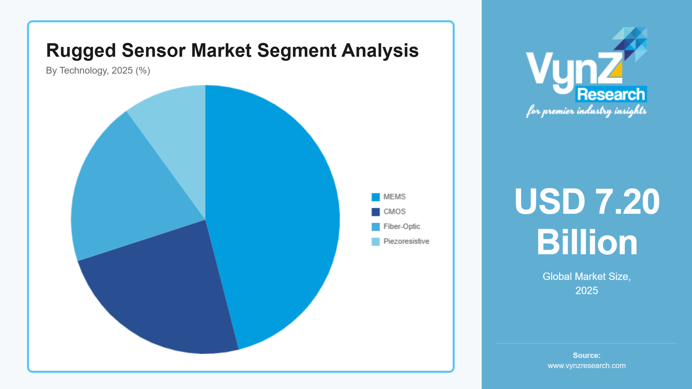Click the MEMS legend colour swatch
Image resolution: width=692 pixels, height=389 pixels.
[375, 197]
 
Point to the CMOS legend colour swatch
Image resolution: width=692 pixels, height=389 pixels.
[375, 212]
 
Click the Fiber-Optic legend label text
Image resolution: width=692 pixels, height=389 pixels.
[402, 227]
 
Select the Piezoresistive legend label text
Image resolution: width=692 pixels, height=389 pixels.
[406, 241]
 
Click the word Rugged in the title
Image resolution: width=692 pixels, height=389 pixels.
[81, 51]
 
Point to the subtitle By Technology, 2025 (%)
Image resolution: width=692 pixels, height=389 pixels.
[98, 71]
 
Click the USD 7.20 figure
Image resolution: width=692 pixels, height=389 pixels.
[587, 202]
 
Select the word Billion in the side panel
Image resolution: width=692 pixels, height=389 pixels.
[587, 242]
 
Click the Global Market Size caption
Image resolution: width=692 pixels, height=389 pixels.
[587, 277]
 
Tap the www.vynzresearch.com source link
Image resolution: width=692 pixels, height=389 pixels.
[587, 366]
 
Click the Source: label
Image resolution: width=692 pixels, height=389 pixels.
[587, 355]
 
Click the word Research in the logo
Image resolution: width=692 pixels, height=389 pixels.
[611, 94]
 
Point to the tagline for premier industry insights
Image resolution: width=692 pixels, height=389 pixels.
[586, 111]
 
